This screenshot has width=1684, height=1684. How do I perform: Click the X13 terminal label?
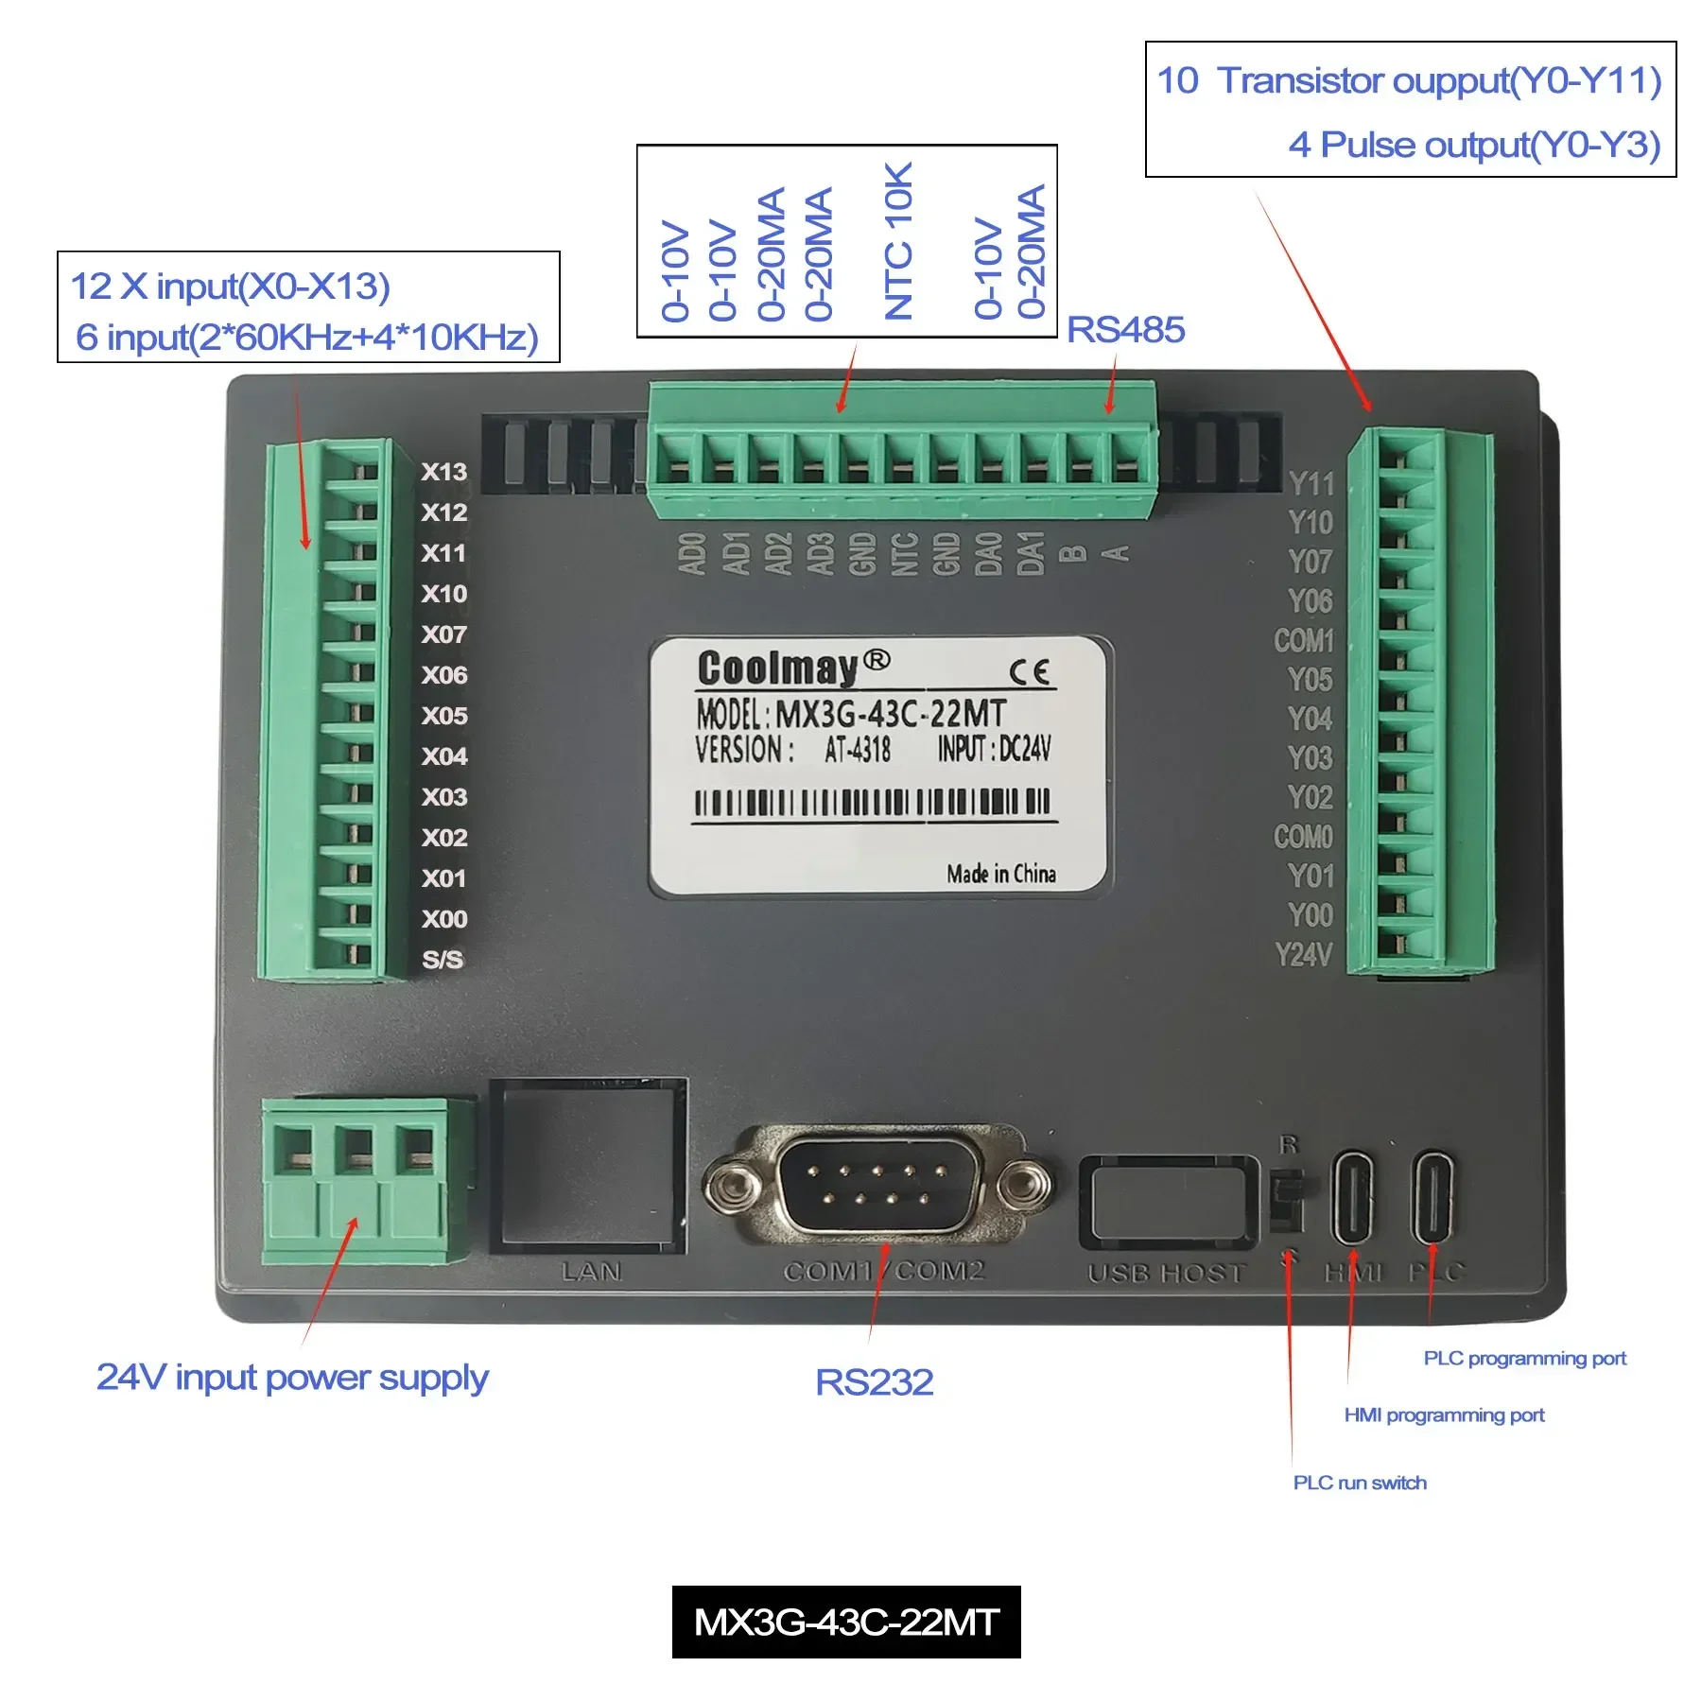point(443,472)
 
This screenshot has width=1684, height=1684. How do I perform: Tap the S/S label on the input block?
point(443,960)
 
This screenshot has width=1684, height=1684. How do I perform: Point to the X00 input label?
point(444,919)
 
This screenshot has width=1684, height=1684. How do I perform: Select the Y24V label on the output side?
point(1303,955)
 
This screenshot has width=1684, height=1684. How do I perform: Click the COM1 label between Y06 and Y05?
point(1303,641)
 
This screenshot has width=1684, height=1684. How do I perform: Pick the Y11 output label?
point(1311,484)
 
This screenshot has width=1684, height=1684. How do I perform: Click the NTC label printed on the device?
point(905,553)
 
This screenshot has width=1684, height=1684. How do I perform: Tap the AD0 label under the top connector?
point(692,553)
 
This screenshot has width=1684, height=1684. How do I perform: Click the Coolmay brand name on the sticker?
point(777,668)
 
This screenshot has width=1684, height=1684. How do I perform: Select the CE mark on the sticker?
point(1029,672)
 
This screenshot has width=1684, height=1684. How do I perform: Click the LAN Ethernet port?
point(590,1165)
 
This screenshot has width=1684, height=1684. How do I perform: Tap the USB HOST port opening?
point(1169,1203)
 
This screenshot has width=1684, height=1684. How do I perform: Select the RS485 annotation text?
point(1125,330)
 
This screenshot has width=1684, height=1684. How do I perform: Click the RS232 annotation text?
point(874,1382)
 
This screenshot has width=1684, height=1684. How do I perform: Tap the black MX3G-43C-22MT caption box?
point(846,1622)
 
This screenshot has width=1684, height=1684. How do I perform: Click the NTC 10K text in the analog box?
point(898,241)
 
